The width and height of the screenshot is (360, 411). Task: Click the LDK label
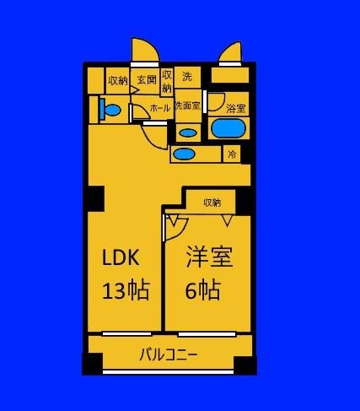[x=121, y=257]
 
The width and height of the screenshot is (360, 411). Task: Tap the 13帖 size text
[x=126, y=290]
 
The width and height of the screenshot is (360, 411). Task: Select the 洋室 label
[x=209, y=257]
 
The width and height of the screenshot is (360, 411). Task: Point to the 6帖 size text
[x=202, y=289]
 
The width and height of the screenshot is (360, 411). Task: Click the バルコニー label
[x=168, y=354]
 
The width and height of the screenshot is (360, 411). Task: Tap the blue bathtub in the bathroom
[x=228, y=128]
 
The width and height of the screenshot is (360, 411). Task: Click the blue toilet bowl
[x=111, y=110]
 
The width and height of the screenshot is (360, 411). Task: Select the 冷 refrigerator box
[x=232, y=154]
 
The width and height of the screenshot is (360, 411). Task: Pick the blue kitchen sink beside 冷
[x=184, y=154]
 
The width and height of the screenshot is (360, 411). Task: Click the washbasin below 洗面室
[x=188, y=133]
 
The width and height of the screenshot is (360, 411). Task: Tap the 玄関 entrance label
[x=147, y=80]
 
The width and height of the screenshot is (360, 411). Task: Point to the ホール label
[x=160, y=108]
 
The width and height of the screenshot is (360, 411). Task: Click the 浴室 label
[x=236, y=109]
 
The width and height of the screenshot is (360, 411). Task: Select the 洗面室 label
[x=188, y=105]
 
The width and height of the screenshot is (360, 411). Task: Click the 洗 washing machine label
[x=187, y=76]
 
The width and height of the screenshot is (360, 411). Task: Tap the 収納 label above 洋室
[x=212, y=203]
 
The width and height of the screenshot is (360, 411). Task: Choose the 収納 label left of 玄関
[x=118, y=81]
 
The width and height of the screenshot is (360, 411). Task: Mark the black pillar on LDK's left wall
[x=96, y=198]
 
